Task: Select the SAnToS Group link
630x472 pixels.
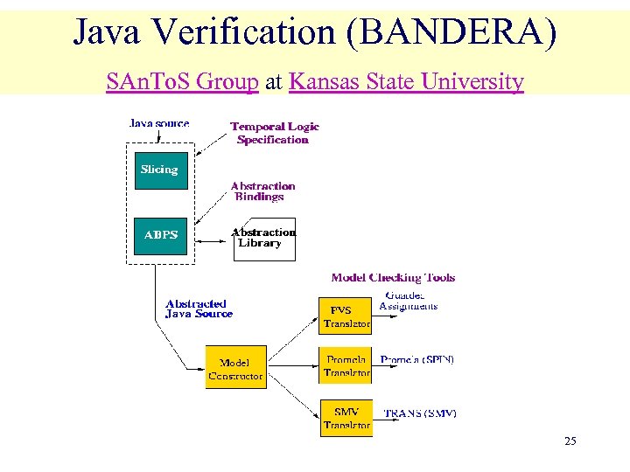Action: pyautogui.click(x=182, y=82)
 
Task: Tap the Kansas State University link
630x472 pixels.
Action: pyautogui.click(x=406, y=82)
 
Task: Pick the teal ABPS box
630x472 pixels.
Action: pyautogui.click(x=159, y=236)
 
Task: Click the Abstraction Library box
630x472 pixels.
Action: pyautogui.click(x=264, y=239)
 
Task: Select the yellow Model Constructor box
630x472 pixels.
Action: pyautogui.click(x=235, y=368)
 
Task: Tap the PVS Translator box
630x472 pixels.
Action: pyautogui.click(x=346, y=316)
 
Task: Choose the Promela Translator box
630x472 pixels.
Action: pyautogui.click(x=346, y=365)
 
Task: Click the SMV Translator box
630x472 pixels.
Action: pyautogui.click(x=346, y=417)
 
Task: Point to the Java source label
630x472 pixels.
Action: pyautogui.click(x=159, y=123)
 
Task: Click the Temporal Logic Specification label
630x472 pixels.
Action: pyautogui.click(x=274, y=133)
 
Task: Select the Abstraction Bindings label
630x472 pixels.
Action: pyautogui.click(x=262, y=191)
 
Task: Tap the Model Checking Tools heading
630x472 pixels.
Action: pyautogui.click(x=393, y=278)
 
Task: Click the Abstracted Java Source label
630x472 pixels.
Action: pyautogui.click(x=199, y=309)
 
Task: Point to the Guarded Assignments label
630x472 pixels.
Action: pyautogui.click(x=409, y=302)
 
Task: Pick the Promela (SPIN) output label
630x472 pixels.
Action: pyautogui.click(x=417, y=359)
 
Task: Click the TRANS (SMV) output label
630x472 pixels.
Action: pyautogui.click(x=420, y=413)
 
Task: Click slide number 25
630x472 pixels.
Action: pyautogui.click(x=570, y=441)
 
